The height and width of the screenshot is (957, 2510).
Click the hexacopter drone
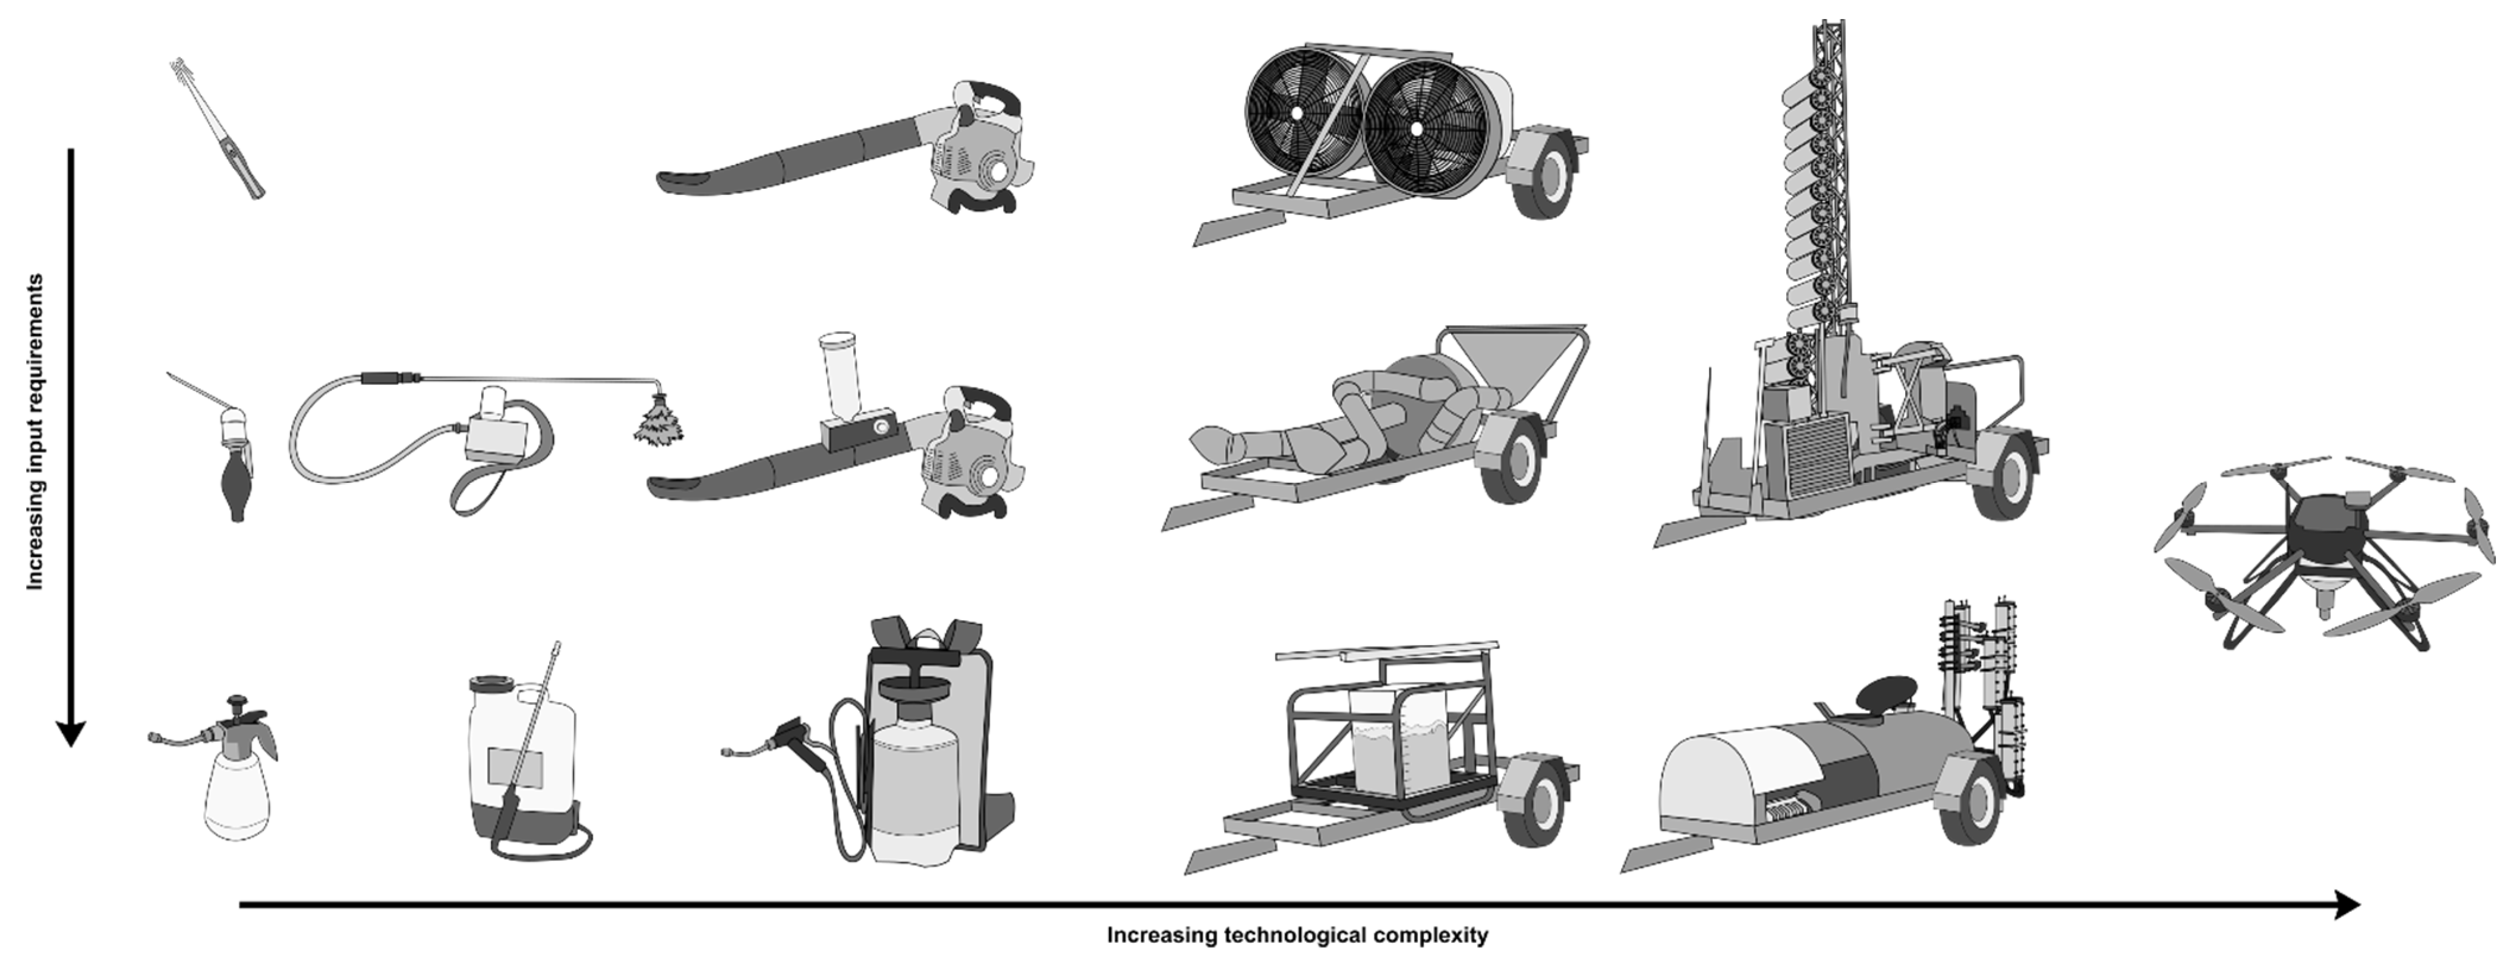coord(2319,546)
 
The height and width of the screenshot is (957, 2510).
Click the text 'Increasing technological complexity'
coord(1297,936)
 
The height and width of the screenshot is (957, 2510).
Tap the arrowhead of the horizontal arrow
coord(2344,905)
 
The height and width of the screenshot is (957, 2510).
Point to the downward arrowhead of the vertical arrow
coord(70,733)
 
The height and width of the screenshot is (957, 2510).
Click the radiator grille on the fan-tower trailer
coord(1817,453)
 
